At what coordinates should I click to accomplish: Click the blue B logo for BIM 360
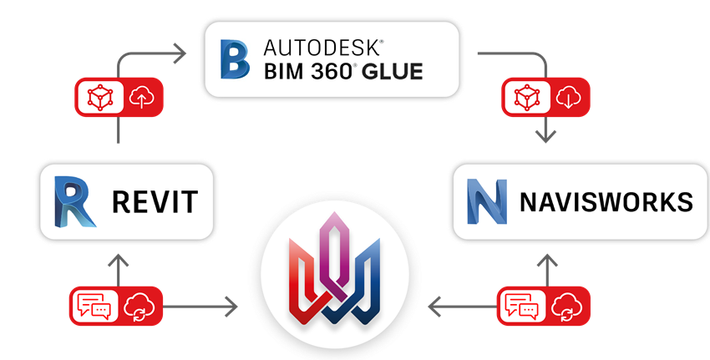235,58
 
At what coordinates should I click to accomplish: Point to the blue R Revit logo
74,201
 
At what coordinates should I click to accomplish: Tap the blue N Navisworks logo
487,201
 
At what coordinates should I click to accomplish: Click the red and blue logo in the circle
332,269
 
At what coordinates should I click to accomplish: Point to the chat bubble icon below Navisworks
520,307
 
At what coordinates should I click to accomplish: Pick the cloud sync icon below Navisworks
567,307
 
